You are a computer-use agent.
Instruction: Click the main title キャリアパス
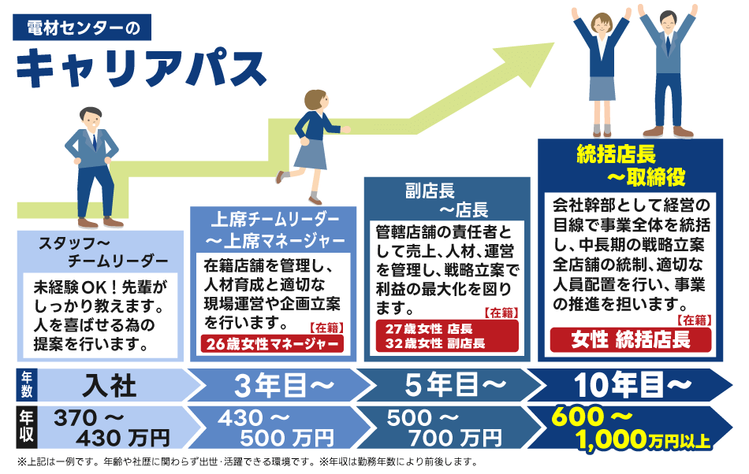tap(141, 69)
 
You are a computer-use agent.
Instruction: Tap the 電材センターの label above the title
tap(82, 28)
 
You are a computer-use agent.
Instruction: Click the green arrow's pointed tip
tap(553, 43)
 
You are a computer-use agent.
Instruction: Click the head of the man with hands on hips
tap(91, 119)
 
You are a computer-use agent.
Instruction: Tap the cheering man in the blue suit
tap(668, 72)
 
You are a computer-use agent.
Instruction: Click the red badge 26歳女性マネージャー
tap(272, 343)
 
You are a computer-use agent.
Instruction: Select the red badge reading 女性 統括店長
tap(631, 339)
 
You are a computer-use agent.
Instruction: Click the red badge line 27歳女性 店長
tap(428, 328)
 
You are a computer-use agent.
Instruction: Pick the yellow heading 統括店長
tap(617, 154)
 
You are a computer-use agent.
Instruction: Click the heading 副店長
tap(430, 191)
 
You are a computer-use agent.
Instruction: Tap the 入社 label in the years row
tap(110, 385)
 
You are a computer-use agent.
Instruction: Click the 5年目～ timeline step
tap(456, 385)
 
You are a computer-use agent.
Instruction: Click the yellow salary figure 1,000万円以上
tap(643, 439)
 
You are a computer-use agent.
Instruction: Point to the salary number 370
tap(76, 418)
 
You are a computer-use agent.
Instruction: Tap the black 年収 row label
tap(26, 427)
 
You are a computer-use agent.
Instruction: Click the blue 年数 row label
tap(26, 385)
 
